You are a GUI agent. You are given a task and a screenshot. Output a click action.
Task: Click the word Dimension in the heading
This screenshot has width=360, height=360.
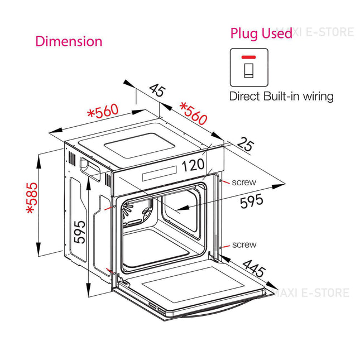[69, 41]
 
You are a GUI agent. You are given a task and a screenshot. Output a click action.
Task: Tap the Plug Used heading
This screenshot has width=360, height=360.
[261, 33]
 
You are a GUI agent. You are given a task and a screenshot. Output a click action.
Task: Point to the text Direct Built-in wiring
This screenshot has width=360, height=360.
[281, 96]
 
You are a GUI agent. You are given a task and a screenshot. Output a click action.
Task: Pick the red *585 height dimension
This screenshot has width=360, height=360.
[32, 198]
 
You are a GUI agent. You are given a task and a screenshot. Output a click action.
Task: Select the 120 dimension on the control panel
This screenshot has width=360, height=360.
[194, 165]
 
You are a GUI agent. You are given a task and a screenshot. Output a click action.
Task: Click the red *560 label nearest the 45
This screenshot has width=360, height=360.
[193, 113]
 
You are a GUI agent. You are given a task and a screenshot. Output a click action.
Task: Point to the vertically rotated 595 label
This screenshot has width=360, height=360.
[79, 231]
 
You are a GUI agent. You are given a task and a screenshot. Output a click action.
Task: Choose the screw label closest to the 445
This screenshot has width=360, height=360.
[244, 244]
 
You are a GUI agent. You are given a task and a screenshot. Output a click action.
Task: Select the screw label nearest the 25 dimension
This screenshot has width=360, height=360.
[244, 182]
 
